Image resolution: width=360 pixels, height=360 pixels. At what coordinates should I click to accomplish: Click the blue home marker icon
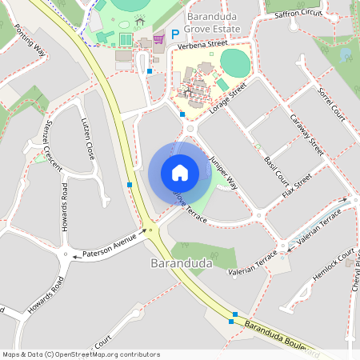pos(179,172)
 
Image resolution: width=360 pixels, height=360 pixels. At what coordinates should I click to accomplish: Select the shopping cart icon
pos(158,37)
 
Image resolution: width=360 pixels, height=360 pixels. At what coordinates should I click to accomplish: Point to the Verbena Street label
pos(197,46)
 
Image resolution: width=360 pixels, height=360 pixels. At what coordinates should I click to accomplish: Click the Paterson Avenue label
pos(110,243)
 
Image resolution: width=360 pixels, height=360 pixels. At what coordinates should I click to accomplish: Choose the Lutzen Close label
pos(88,138)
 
